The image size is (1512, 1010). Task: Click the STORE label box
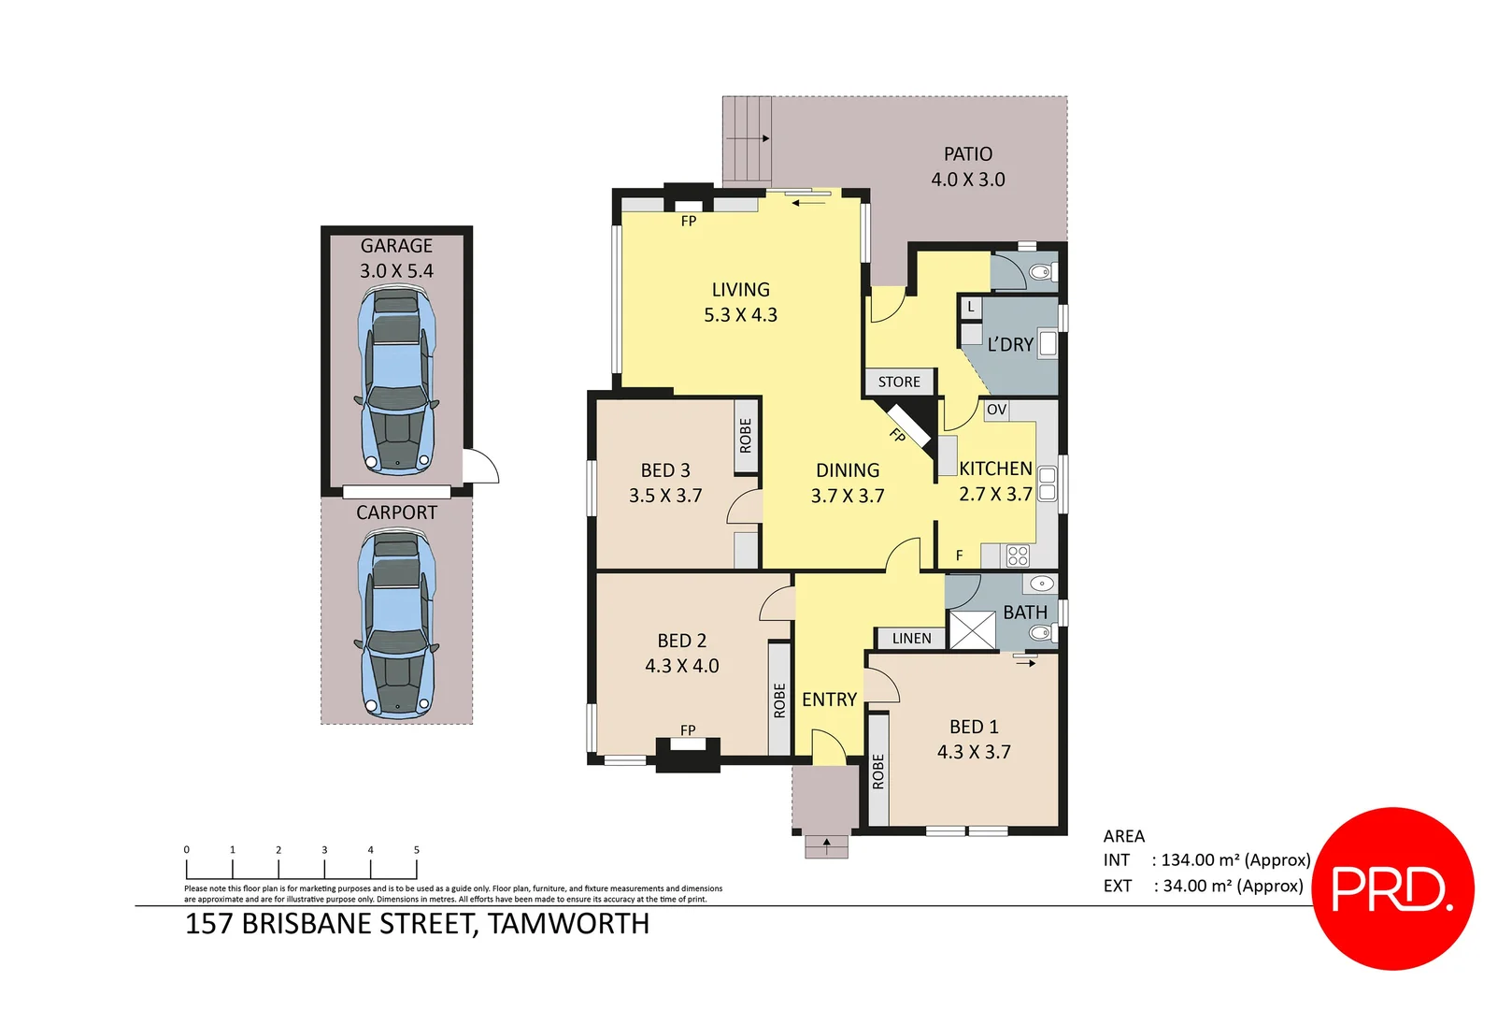coord(899,382)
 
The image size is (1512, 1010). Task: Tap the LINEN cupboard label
coord(911,638)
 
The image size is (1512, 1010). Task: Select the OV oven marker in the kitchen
coord(996,410)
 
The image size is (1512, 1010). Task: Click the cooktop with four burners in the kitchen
coord(1018,556)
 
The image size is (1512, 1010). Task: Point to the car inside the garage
coord(396,381)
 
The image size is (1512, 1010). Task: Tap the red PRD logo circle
coord(1392,888)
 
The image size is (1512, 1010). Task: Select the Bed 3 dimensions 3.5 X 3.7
coord(665,496)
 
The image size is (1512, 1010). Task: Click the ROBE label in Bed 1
coord(878,772)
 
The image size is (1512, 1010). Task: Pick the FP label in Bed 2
coord(688,729)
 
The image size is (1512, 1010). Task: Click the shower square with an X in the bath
coord(973,630)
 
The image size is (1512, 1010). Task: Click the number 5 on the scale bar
coord(417,850)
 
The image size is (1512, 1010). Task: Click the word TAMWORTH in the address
coord(568,924)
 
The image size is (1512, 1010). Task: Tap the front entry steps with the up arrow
coord(826,846)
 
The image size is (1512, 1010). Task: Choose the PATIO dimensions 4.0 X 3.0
coord(967,180)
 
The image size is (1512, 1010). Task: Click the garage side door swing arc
coord(484,465)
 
